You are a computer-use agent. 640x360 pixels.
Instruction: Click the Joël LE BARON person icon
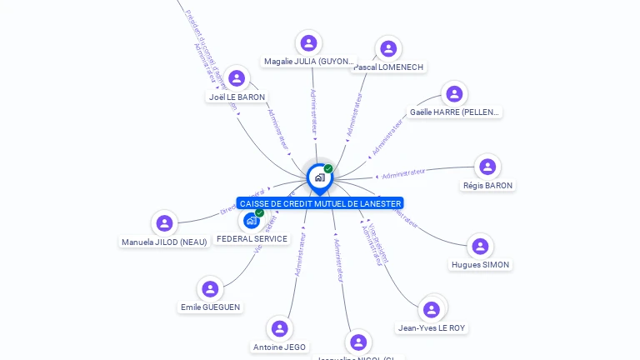point(237,78)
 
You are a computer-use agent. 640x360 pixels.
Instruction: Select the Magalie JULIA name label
point(308,62)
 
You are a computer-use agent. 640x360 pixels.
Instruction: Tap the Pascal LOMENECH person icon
point(387,48)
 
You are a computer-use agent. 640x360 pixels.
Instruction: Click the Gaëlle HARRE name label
point(454,112)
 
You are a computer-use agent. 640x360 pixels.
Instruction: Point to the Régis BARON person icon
point(487,167)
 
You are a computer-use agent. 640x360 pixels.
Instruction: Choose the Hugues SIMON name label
point(480,265)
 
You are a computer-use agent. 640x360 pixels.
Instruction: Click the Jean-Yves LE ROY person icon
point(432,310)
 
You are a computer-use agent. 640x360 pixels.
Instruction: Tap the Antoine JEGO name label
point(279,347)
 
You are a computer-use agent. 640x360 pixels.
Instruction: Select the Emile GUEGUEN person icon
point(210,289)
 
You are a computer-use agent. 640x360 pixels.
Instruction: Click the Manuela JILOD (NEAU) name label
point(164,242)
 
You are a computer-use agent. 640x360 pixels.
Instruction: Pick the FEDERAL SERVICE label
point(252,239)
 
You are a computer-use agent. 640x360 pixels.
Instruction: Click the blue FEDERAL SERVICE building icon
point(251,221)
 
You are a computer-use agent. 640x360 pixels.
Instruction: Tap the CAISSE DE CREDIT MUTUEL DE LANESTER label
point(320,203)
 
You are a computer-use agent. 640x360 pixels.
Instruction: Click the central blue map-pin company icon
point(319,177)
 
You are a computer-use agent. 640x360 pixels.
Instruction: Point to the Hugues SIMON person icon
point(480,246)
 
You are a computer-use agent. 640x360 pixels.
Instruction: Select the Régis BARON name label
point(488,186)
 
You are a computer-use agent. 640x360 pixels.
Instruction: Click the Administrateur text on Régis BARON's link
point(403,173)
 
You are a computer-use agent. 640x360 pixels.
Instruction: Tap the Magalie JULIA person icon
point(308,42)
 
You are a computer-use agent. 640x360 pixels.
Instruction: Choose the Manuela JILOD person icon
point(164,223)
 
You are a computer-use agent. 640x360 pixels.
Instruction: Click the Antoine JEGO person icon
point(279,328)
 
